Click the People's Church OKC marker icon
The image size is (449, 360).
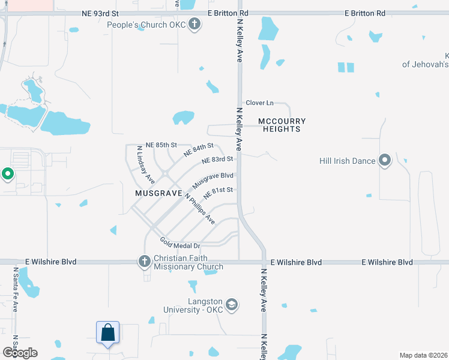point(194,25)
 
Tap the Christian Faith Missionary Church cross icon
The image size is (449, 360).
point(144,261)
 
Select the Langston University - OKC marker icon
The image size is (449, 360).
point(232,305)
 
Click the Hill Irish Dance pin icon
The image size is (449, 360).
point(385,160)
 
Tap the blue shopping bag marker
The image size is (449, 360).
point(108,333)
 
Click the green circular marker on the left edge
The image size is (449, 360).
point(8,175)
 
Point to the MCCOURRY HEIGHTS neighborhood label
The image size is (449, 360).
point(279,125)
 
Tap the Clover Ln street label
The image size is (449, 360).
point(259,103)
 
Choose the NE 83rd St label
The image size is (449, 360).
point(217,160)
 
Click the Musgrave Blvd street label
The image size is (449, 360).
point(212,179)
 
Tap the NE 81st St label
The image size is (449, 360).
point(218,193)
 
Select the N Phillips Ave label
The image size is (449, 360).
point(200,209)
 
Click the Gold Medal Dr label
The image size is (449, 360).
point(180,243)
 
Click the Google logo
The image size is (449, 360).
point(20,352)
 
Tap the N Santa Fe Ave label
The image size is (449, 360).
point(16,289)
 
